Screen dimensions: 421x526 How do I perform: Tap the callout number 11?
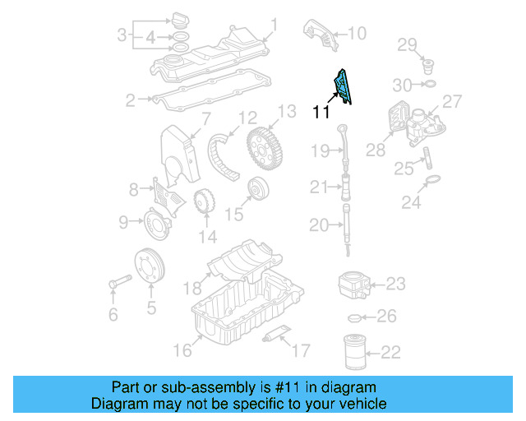pos(321,113)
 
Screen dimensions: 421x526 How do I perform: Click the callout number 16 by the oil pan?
pos(182,350)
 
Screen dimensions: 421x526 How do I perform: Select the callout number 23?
pos(395,284)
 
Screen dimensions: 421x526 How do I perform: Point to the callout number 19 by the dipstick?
pos(319,150)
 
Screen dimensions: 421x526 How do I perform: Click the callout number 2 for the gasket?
pos(131,100)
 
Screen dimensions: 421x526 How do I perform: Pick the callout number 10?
pos(357,34)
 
